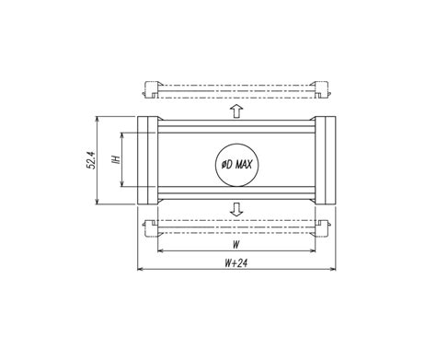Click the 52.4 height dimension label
91,160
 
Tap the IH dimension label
117,159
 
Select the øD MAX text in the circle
236,165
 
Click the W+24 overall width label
235,263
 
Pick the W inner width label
235,245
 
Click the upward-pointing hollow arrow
236,111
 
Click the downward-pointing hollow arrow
236,209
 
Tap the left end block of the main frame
147,160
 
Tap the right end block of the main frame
325,160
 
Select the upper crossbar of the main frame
236,126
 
